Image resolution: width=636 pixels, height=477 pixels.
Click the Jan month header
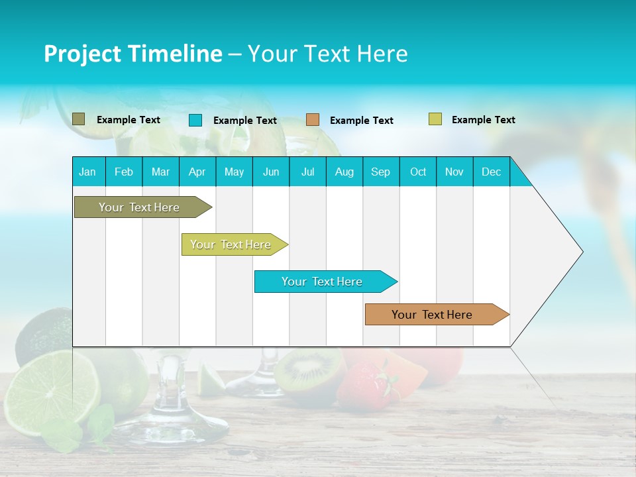87,172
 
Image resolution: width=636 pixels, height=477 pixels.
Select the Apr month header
197,172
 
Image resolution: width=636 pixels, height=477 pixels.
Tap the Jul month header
307,172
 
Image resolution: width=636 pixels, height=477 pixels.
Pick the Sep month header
380,172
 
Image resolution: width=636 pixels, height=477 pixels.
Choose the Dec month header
491,172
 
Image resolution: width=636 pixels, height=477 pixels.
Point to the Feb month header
124,172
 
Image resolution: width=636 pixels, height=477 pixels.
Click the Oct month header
418,172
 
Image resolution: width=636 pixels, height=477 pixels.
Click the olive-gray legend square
79,119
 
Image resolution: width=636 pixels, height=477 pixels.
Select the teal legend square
195,120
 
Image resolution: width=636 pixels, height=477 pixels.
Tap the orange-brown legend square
313,120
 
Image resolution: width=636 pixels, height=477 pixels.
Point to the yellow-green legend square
435,119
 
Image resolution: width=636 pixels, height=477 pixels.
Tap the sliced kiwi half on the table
308,372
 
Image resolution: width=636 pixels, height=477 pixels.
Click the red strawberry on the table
365,384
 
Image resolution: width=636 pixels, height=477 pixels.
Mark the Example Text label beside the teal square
245,121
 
